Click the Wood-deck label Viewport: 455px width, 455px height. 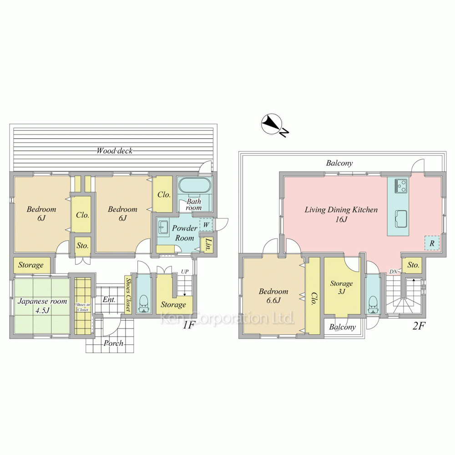click(x=114, y=151)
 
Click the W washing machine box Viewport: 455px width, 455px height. click(x=206, y=224)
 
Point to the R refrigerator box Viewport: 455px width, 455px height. click(x=432, y=243)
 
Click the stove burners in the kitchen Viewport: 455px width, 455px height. click(x=401, y=186)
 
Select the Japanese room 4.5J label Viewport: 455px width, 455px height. click(x=42, y=306)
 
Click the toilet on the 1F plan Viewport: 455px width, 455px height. click(x=143, y=304)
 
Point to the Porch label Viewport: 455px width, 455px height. click(x=113, y=343)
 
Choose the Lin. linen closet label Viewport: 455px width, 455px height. click(x=208, y=244)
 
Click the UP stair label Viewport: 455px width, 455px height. click(x=185, y=272)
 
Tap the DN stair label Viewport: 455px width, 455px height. click(x=393, y=272)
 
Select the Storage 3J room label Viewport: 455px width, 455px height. click(x=342, y=287)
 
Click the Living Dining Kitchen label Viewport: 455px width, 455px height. click(x=341, y=214)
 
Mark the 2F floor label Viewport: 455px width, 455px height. click(x=419, y=326)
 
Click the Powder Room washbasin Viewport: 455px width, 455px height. click(x=163, y=227)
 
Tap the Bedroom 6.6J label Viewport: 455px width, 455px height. click(x=273, y=295)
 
